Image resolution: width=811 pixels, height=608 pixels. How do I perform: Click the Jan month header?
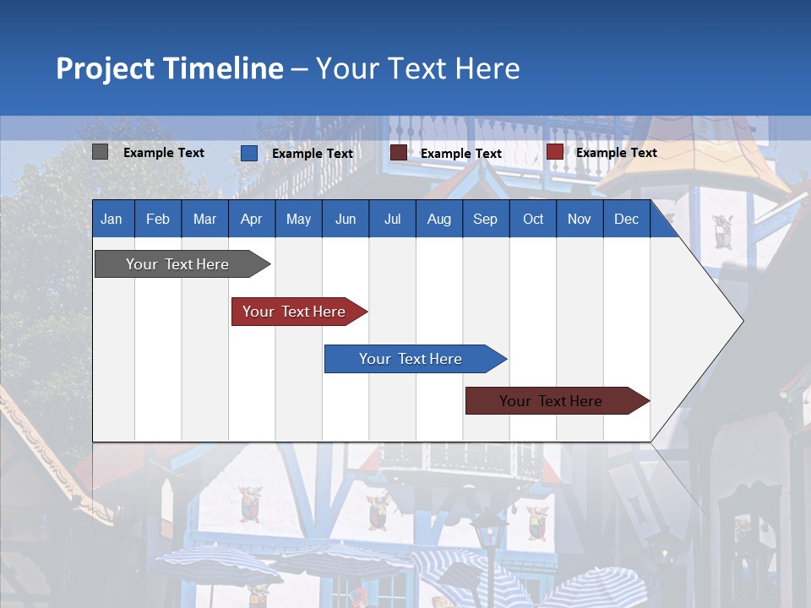(112, 220)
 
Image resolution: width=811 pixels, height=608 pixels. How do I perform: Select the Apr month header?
(251, 220)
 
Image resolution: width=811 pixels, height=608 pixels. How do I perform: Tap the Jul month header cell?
(392, 220)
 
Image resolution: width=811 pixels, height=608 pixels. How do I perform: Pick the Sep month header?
(485, 220)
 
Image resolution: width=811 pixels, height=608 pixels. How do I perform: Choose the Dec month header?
(626, 220)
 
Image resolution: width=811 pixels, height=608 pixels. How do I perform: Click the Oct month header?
(533, 220)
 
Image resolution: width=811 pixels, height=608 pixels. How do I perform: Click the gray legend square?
(100, 152)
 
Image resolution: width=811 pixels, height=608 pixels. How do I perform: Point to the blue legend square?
(249, 153)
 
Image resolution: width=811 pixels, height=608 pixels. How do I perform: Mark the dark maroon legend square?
(398, 153)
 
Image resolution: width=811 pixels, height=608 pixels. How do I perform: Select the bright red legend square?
(554, 152)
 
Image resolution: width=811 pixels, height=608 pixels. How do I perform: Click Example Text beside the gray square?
(164, 153)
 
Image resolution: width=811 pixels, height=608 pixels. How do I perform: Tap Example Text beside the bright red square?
(616, 153)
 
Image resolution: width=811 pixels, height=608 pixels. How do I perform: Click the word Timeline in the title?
(223, 68)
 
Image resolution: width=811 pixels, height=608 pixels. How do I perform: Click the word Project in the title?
(106, 68)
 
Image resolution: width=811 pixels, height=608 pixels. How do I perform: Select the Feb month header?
(158, 220)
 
